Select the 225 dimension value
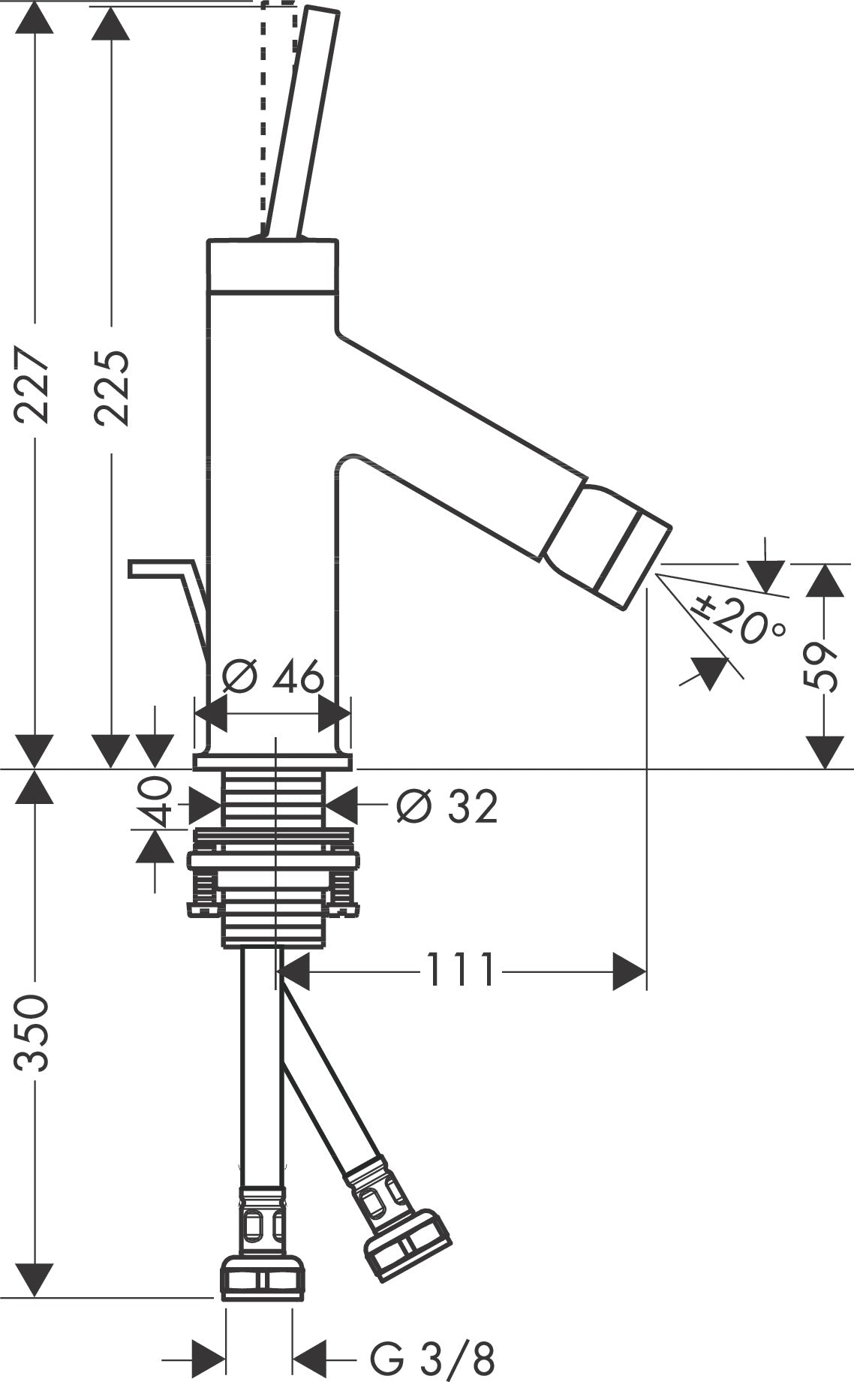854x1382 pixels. [x=112, y=388]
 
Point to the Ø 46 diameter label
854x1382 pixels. [x=274, y=677]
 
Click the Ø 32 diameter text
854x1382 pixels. [x=447, y=807]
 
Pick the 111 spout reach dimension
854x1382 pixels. [x=461, y=970]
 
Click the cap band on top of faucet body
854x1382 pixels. [x=272, y=266]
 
